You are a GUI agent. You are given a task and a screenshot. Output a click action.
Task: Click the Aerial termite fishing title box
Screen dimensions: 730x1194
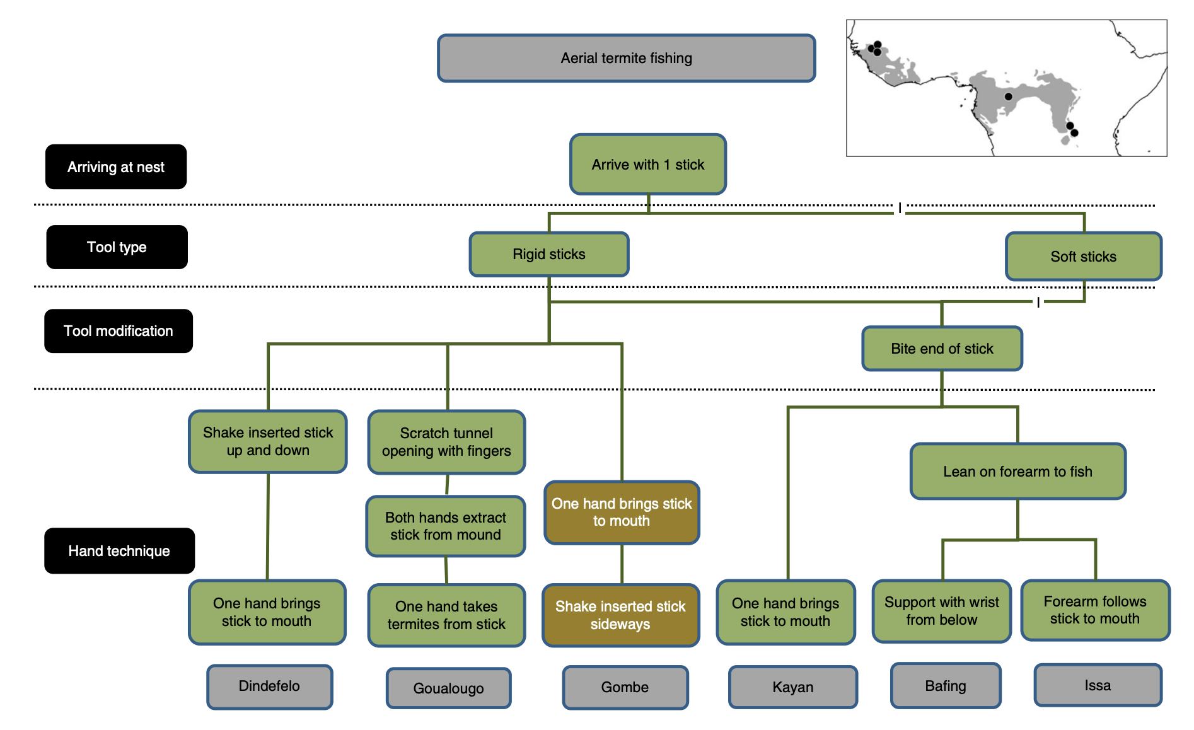[626, 58]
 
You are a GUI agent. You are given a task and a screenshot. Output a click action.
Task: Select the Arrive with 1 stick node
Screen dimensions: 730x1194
[647, 165]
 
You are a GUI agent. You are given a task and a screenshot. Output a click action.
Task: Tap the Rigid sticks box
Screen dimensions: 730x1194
[548, 254]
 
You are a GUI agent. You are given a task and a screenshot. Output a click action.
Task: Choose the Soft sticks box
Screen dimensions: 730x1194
[1083, 257]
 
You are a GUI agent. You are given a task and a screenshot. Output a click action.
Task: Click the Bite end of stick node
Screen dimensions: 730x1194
[942, 349]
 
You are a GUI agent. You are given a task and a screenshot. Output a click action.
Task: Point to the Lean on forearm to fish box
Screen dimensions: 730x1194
[1017, 472]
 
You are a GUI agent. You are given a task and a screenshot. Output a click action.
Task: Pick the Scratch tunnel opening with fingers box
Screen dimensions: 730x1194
[446, 442]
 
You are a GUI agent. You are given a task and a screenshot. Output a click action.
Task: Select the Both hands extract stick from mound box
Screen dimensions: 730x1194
[445, 526]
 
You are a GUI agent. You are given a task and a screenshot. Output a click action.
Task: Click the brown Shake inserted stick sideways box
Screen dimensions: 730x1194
[620, 615]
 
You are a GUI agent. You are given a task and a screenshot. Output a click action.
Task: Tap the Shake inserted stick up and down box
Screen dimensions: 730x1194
[267, 441]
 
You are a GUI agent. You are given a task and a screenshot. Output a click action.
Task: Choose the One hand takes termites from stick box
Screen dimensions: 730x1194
[446, 615]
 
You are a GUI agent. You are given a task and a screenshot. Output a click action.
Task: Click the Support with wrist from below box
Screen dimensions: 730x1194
[941, 611]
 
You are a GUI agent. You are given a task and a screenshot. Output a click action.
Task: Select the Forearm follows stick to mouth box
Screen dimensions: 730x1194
[1094, 610]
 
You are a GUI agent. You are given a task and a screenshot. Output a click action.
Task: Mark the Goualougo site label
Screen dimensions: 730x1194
[448, 688]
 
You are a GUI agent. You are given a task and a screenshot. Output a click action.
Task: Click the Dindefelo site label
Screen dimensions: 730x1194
[269, 686]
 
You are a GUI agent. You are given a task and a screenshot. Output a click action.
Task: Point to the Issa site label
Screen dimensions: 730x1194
[1098, 685]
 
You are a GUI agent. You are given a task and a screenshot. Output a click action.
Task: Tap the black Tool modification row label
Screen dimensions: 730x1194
[118, 331]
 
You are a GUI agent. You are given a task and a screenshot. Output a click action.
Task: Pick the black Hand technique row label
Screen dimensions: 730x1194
[119, 551]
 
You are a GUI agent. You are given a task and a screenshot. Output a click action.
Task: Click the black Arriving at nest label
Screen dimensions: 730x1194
[116, 167]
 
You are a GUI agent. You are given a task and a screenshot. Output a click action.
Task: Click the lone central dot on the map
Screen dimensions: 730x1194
[1008, 96]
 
